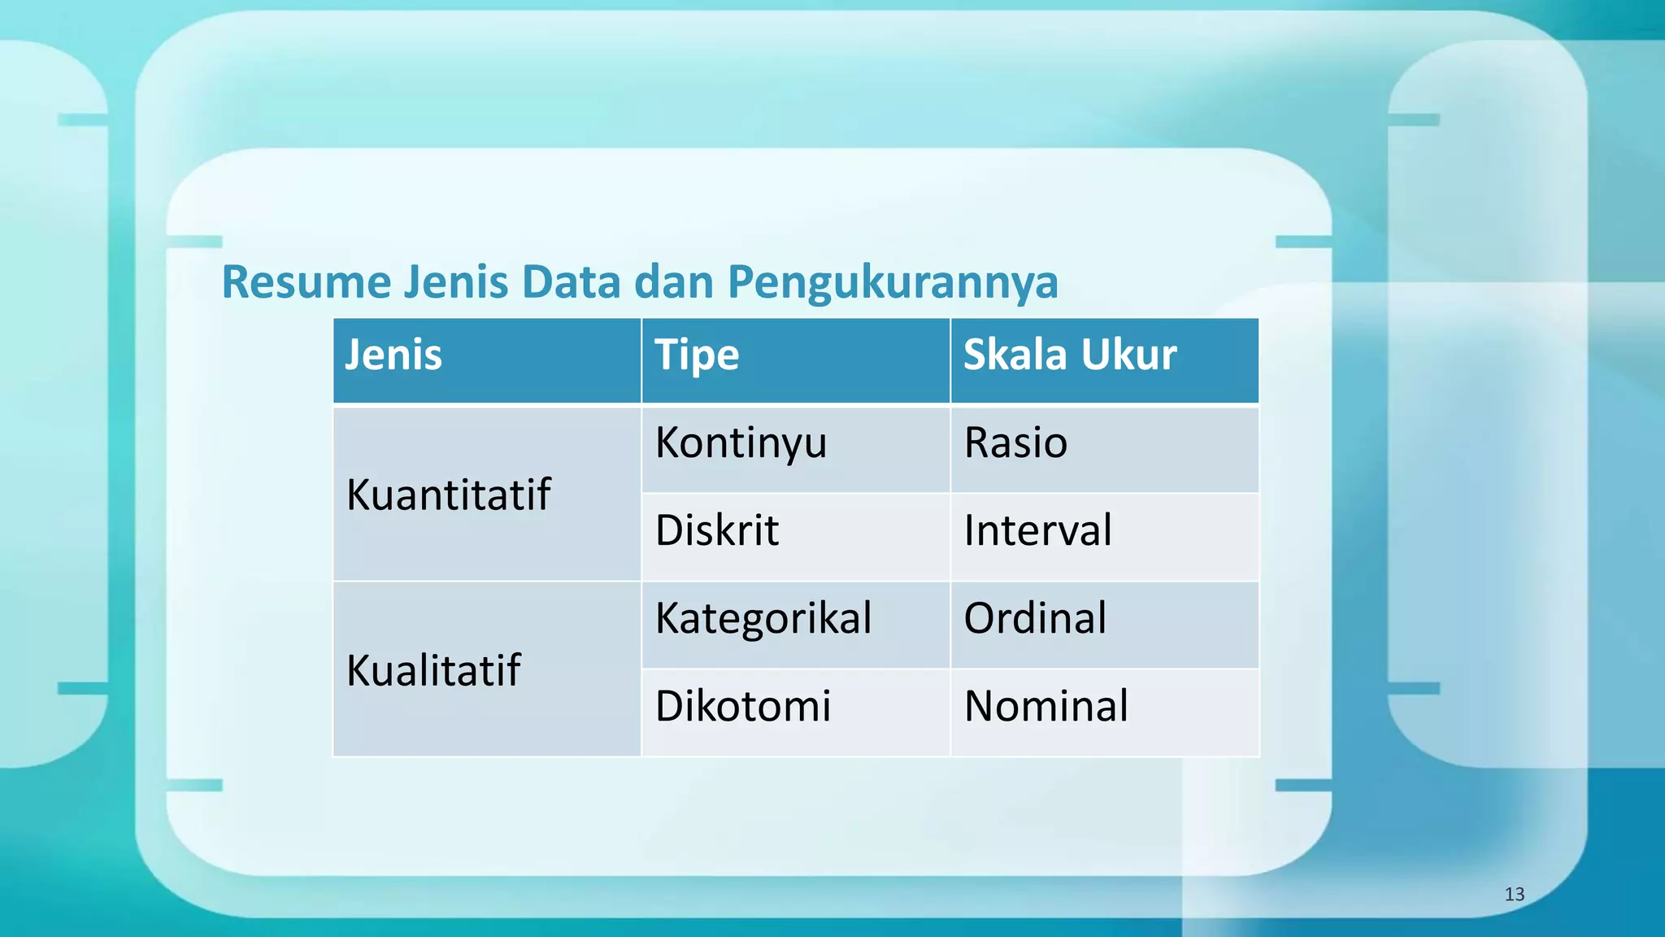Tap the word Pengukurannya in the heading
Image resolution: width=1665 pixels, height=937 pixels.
coord(892,282)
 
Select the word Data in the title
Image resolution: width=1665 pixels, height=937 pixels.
coord(572,282)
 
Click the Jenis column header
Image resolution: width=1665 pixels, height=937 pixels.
coord(393,355)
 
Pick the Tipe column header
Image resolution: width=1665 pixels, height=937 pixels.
coord(697,355)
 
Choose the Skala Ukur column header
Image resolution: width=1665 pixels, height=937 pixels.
coord(1069,355)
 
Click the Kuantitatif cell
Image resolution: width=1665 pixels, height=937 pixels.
coord(448,495)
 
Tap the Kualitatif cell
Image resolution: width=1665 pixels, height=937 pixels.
coord(433,670)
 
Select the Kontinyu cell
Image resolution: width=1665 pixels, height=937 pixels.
coord(741,443)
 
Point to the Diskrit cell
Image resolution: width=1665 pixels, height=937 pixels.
coord(716,530)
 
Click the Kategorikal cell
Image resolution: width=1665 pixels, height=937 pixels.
coord(763,618)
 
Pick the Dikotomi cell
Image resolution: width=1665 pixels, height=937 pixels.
coord(742,705)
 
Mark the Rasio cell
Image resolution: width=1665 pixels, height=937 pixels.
coord(1015,443)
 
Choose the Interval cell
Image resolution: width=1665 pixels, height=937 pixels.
coord(1037,530)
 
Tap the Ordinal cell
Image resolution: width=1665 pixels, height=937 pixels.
coord(1034,618)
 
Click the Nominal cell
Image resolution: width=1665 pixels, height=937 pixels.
coord(1046,705)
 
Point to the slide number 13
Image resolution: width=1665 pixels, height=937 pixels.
coord(1514,895)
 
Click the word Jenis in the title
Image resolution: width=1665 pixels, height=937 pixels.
coord(455,282)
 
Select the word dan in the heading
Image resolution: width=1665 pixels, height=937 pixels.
coord(674,282)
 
